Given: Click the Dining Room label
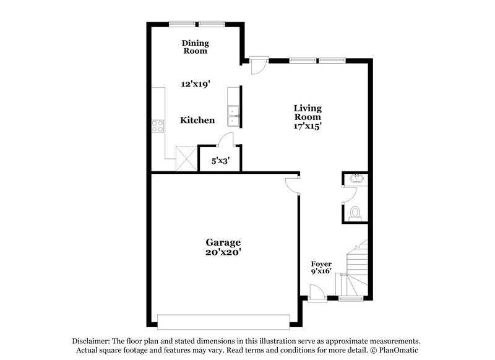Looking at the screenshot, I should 195,47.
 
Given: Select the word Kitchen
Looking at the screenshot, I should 197,120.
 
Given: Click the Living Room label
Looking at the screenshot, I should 308,112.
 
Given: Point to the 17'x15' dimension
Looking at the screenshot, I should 308,126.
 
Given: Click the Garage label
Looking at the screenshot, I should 223,242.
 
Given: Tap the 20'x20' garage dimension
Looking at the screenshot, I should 223,252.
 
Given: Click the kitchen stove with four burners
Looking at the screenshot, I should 158,126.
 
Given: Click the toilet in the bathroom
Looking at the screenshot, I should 355,213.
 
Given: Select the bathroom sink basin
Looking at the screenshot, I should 357,180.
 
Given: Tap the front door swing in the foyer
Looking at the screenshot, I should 316,291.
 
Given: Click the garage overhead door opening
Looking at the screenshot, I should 223,322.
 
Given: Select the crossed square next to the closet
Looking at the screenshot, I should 186,157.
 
